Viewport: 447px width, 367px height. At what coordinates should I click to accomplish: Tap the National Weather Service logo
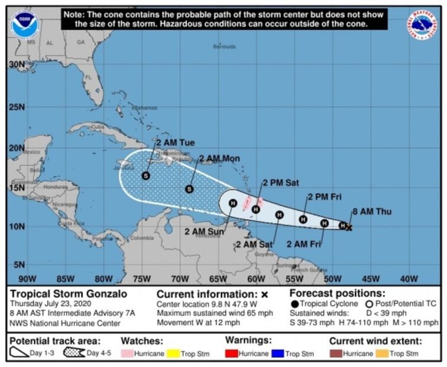tap(422, 25)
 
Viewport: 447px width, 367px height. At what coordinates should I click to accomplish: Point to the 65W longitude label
tap(218, 279)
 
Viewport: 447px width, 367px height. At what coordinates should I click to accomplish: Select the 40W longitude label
tap(409, 279)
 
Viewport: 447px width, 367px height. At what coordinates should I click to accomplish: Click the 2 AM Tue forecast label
tap(176, 143)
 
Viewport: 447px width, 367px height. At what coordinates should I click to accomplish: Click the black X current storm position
tap(349, 227)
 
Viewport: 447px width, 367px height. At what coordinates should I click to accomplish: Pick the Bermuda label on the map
tap(225, 46)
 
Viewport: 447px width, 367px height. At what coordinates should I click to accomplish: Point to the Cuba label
tap(98, 127)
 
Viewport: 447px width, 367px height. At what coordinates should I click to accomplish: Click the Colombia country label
tap(142, 238)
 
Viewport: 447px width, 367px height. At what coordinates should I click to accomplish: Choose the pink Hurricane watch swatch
tap(128, 354)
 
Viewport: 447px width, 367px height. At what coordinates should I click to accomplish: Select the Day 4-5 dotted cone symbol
tap(74, 353)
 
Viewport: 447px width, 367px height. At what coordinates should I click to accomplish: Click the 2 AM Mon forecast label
tap(219, 159)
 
